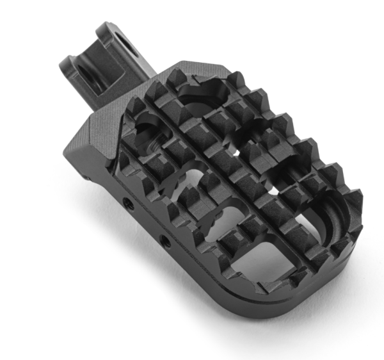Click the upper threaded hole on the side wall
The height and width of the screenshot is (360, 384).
(129, 203)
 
